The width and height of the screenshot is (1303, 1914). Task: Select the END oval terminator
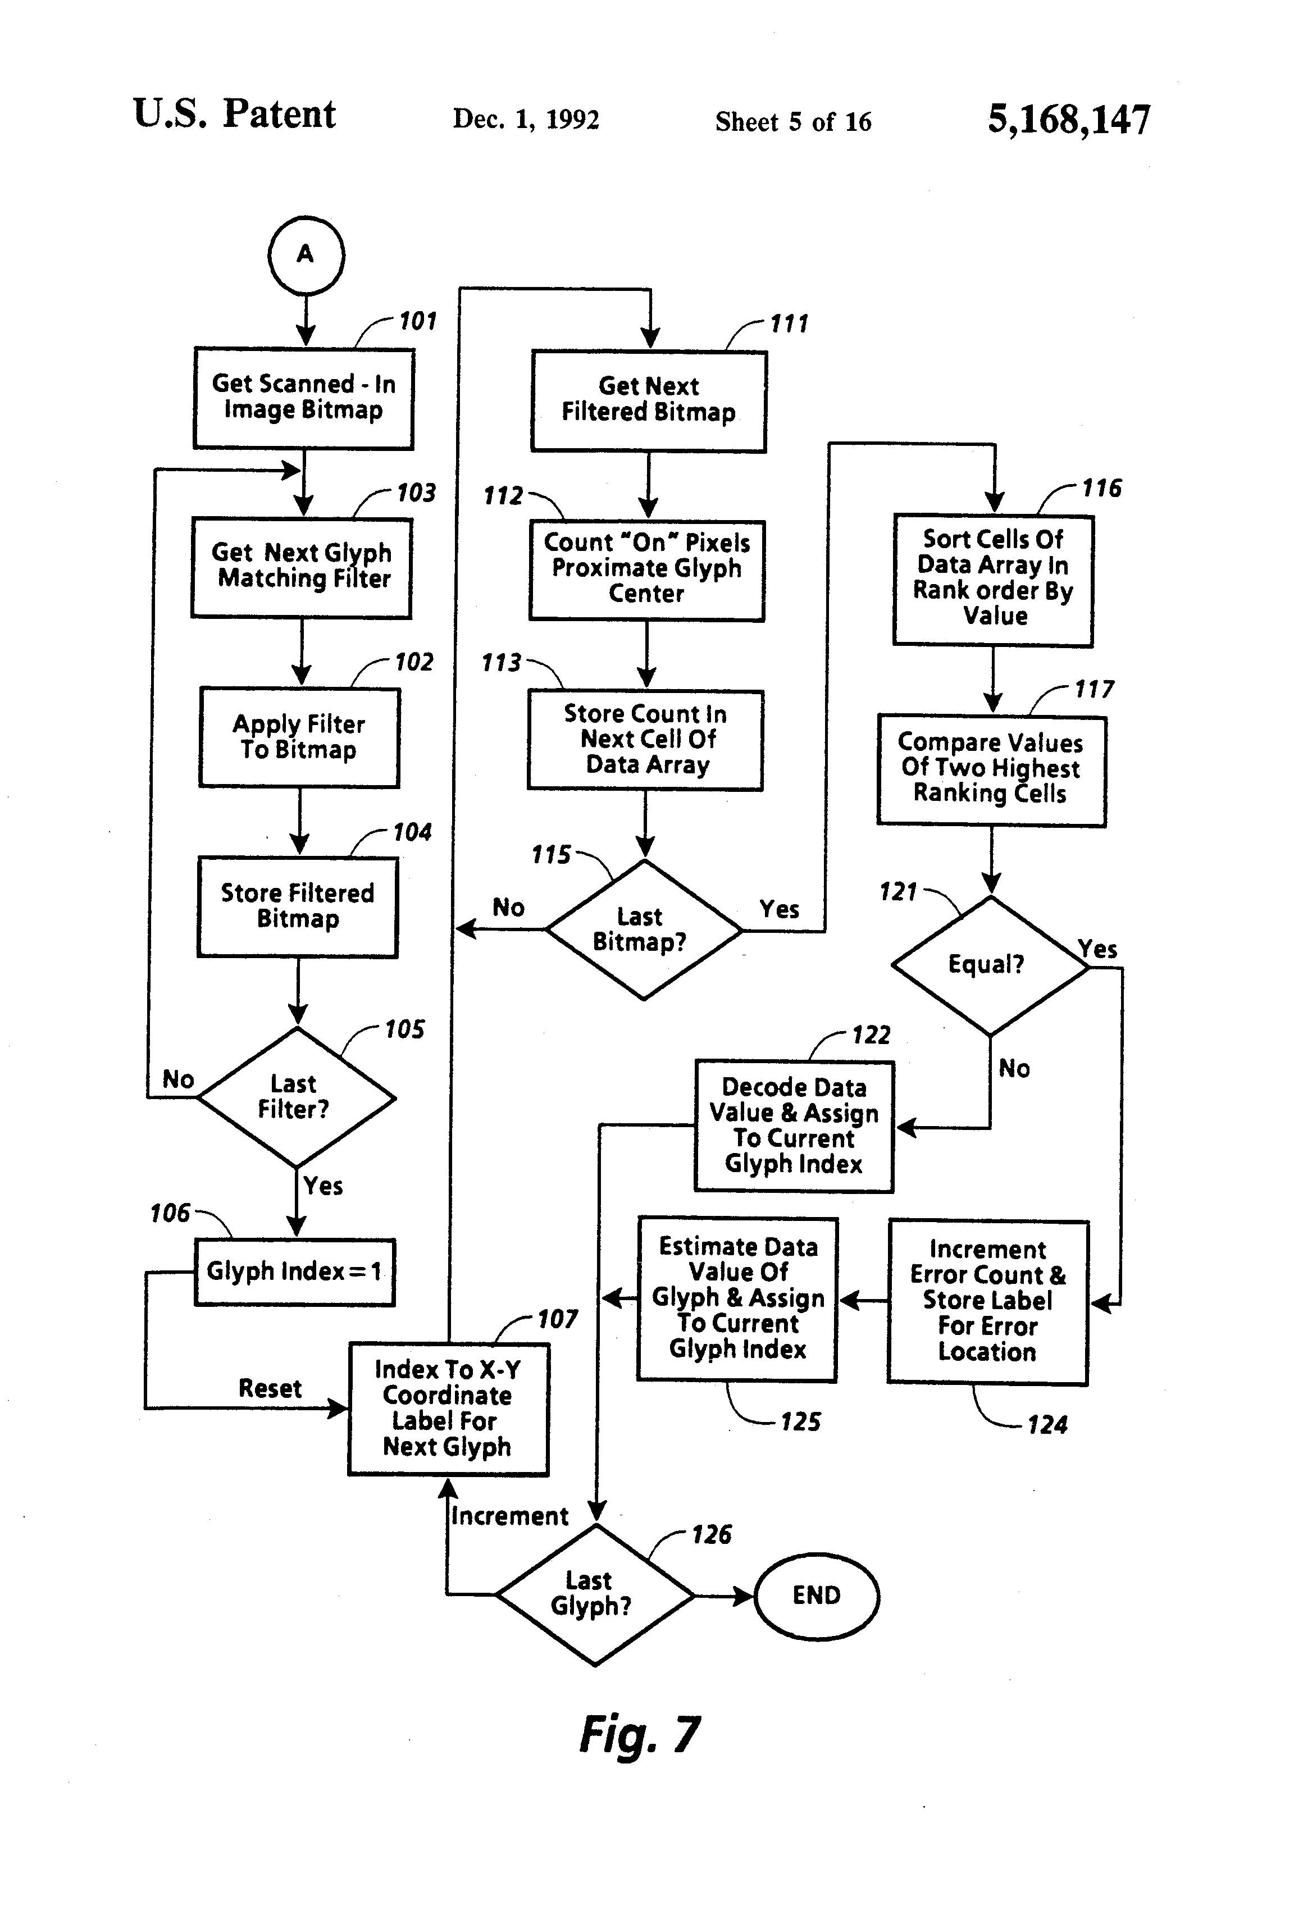816,1595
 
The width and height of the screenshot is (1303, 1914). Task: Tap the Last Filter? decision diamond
295,1097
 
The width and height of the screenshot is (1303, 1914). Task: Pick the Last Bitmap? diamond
643,930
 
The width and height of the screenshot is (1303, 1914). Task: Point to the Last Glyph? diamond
594,1594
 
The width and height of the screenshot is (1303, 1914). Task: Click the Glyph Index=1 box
294,1272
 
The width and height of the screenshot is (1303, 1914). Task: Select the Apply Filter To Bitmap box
299,737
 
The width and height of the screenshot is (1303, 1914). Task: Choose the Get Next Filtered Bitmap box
649,400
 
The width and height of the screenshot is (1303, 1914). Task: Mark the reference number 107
558,1319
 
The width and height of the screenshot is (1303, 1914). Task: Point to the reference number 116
1101,489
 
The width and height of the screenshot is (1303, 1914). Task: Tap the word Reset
270,1388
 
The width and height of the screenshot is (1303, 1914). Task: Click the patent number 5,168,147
1068,120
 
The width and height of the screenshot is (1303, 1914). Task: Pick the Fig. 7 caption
639,1734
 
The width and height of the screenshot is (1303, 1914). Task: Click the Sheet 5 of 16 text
792,122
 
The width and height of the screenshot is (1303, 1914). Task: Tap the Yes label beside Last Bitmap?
779,909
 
